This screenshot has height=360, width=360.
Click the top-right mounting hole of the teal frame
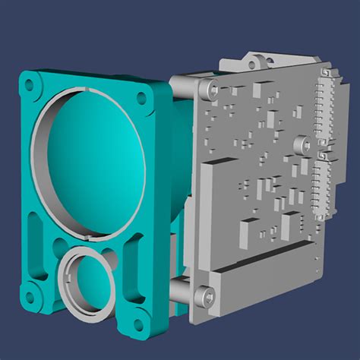click(x=142, y=97)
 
